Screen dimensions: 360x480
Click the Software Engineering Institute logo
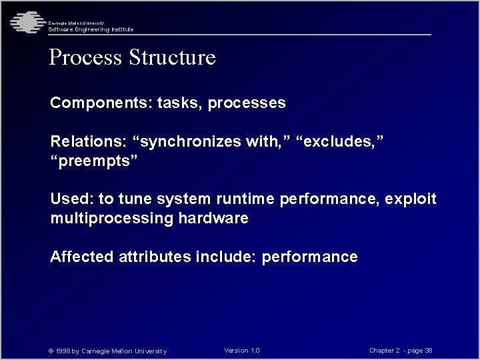(25, 22)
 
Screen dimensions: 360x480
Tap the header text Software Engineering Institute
(91, 29)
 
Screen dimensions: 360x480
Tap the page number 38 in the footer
(428, 351)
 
